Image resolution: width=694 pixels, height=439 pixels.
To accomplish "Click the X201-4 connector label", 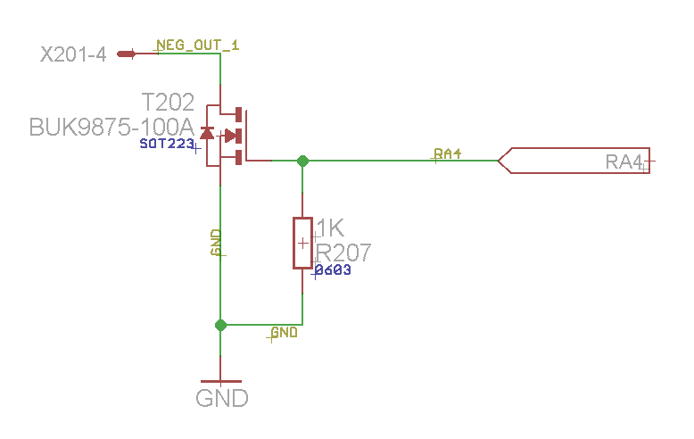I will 73,54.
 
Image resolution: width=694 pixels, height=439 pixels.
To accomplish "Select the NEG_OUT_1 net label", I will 197,45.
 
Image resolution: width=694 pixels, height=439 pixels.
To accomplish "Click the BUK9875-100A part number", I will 112,126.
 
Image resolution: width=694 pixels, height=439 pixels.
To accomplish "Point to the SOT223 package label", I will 166,144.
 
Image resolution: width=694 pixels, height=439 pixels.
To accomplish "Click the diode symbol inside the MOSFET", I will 207,135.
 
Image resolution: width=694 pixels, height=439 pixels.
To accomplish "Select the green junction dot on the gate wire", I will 302,162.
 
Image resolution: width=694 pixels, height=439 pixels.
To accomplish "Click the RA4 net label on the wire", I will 448,153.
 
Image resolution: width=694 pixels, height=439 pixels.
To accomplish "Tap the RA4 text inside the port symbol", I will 624,162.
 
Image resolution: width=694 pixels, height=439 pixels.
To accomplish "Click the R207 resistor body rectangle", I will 302,243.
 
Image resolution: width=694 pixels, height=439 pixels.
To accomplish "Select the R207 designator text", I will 343,253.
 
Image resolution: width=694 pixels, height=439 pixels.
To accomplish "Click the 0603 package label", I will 333,270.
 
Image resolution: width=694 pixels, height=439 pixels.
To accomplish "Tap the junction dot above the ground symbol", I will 220,326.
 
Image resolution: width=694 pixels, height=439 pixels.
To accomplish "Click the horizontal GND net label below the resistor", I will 284,333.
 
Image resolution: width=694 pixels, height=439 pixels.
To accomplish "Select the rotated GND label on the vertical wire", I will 215,243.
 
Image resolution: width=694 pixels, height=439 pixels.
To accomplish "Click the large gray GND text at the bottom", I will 221,398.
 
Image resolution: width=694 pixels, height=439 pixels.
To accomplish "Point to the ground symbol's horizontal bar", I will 220,381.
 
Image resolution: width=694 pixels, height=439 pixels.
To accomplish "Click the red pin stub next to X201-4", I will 126,54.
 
